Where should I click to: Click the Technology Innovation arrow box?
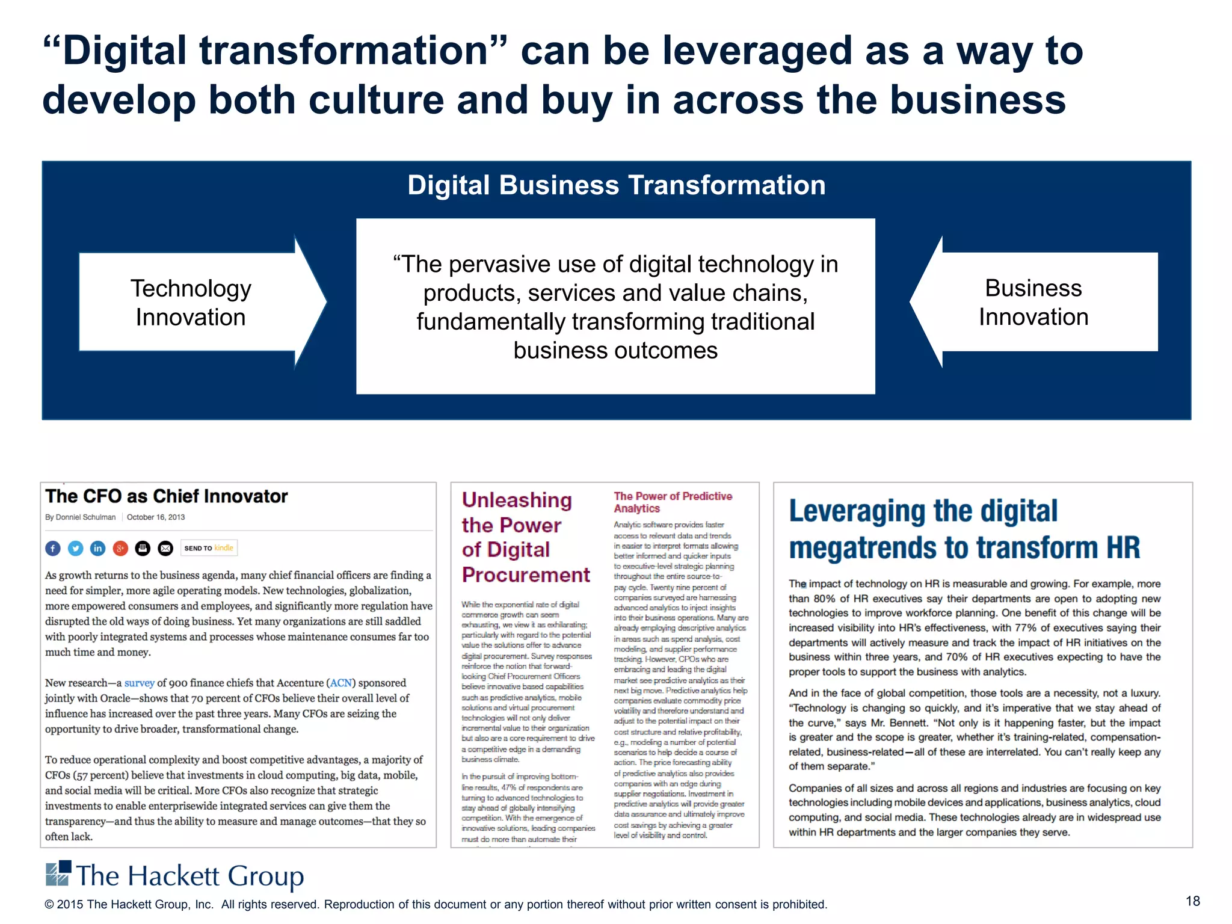tap(191, 302)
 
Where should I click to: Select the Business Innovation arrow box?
tap(1033, 302)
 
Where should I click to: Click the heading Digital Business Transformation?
tap(616, 185)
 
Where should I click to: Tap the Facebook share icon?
tap(53, 548)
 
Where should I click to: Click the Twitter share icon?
tap(75, 548)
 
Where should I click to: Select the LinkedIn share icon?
tap(98, 548)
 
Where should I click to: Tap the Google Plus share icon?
tap(120, 548)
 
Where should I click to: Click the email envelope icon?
tap(165, 548)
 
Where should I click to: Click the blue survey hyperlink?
tap(140, 683)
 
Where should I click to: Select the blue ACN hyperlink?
tap(341, 683)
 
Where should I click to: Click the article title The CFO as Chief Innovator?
tap(167, 496)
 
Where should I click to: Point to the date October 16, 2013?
tap(156, 517)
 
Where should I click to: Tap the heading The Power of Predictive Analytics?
tap(673, 502)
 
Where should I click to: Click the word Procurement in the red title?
tap(526, 575)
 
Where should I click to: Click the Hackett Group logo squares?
tap(58, 873)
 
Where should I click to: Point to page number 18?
tap(1192, 901)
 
